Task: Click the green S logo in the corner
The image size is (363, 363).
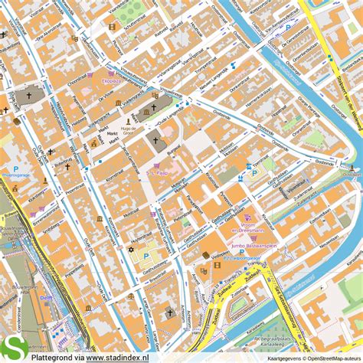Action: click(x=15, y=347)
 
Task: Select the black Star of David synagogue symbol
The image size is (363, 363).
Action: click(x=130, y=250)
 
